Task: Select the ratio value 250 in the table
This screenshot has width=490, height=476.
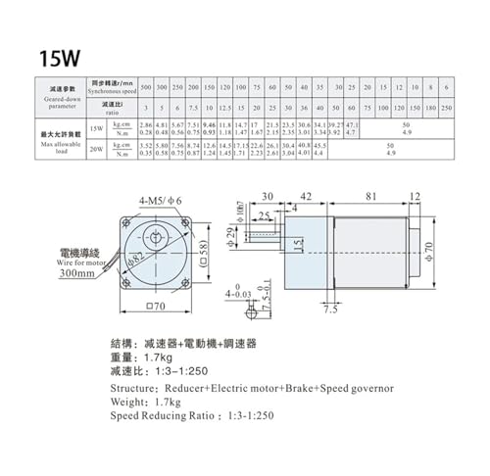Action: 447,107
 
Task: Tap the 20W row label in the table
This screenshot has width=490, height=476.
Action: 95,149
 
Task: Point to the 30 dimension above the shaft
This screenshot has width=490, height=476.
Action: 268,196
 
